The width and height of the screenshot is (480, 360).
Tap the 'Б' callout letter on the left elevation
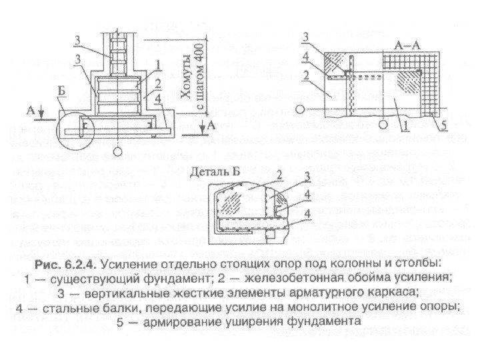61,101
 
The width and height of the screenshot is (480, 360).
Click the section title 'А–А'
406,46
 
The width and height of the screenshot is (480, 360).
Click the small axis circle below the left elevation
117,153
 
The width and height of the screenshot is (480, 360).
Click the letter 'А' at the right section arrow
211,125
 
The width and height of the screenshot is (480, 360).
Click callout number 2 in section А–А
304,76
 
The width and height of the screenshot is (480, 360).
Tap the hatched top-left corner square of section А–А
335,65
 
